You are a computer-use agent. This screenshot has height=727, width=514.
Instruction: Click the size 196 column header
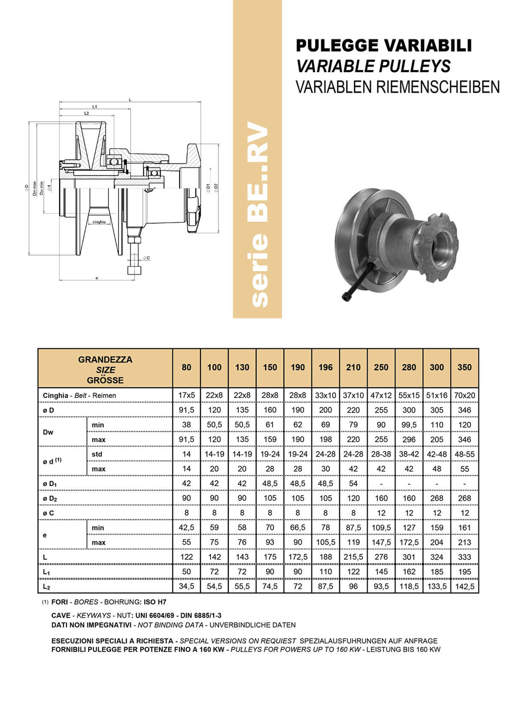pos(326,367)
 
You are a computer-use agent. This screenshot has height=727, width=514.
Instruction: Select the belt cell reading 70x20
pos(464,395)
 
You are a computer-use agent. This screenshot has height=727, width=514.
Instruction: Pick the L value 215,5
pos(353,557)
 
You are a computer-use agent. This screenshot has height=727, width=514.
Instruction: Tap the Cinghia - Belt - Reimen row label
pos(79,395)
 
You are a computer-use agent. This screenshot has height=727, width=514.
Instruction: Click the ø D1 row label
pos(50,484)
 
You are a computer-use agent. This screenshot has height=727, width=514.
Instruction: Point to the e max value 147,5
pos(381,542)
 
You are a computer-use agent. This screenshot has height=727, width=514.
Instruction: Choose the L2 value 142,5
pos(464,586)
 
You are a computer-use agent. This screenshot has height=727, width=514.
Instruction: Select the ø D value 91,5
pos(186,410)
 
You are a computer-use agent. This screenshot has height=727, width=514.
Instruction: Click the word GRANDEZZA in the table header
pos(105,359)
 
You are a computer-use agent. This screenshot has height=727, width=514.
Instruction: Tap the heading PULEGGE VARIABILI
pos(384,45)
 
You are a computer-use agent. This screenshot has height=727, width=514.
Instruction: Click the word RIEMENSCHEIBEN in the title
pos(438,87)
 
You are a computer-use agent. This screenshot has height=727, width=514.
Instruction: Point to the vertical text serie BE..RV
pos(258,214)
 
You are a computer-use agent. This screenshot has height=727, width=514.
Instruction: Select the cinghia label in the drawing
pos(99,222)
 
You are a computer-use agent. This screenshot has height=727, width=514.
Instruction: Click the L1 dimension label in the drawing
pos(95,106)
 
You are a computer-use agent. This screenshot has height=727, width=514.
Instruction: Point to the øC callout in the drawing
pos(146,258)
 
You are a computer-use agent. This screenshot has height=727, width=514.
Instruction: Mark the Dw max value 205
pos(436,440)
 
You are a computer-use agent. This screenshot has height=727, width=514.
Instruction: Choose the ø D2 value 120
pos(353,498)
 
